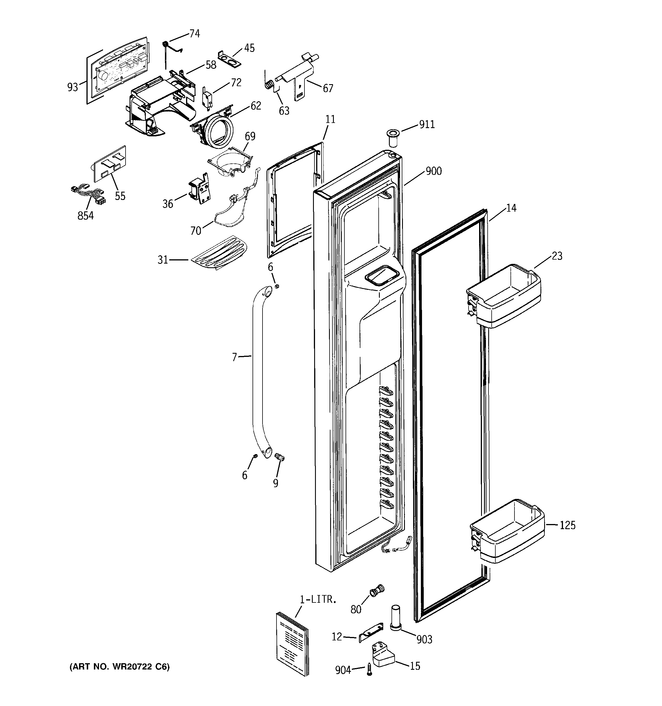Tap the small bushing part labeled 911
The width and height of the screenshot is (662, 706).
tap(392, 139)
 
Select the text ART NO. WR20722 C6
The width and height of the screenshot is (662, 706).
tap(119, 667)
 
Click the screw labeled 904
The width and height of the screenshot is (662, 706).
tap(369, 669)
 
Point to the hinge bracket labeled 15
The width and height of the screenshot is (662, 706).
tap(382, 655)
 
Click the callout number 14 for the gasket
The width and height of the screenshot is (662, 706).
tap(511, 208)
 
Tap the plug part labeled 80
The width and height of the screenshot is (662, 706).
tap(377, 590)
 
